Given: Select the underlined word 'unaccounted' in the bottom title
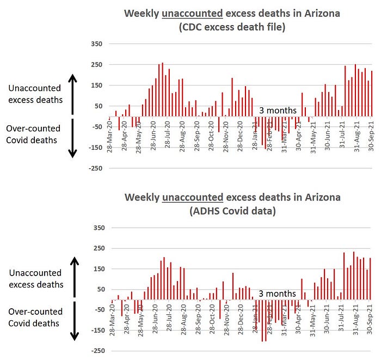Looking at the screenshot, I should pyautogui.click(x=193, y=197).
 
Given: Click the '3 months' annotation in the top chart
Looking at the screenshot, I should pyautogui.click(x=278, y=111).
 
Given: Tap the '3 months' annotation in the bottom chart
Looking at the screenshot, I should pyautogui.click(x=278, y=294).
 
